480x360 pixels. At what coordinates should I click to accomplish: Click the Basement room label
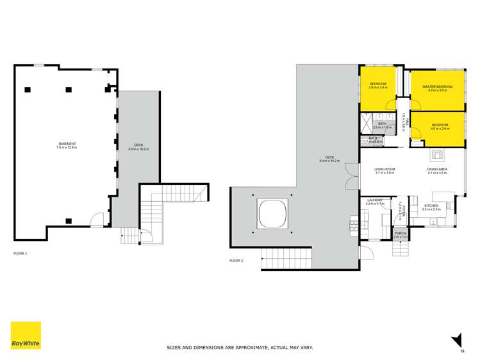pyautogui.click(x=67, y=145)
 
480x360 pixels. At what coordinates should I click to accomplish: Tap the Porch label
pyautogui.click(x=401, y=234)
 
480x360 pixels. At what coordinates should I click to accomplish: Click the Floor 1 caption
pyautogui.click(x=21, y=254)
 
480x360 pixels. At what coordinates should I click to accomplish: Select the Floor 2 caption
pyautogui.click(x=236, y=261)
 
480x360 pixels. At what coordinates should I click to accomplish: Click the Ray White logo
pyautogui.click(x=26, y=336)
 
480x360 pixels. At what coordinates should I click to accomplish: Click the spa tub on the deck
pyautogui.click(x=272, y=213)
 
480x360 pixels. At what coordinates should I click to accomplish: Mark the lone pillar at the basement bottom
pyautogui.click(x=67, y=222)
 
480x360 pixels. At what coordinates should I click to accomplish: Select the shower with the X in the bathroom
pyautogui.click(x=367, y=120)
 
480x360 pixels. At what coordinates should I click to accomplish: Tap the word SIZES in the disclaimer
pyautogui.click(x=173, y=348)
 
